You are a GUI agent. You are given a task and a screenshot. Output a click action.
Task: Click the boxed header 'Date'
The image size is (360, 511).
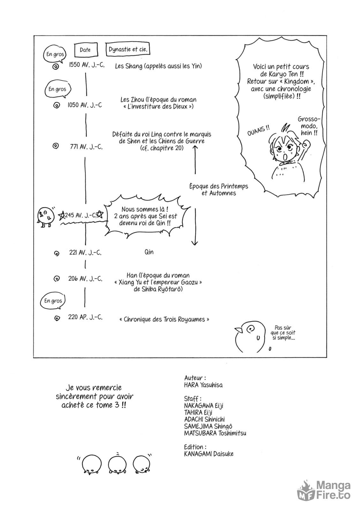pos(85,50)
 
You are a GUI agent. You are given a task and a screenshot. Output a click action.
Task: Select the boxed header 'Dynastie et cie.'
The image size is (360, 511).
pos(128,50)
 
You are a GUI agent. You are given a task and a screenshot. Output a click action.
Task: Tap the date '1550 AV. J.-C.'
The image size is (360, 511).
pos(86,65)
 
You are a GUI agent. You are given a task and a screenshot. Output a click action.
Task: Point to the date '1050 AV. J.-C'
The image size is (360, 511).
pos(85,105)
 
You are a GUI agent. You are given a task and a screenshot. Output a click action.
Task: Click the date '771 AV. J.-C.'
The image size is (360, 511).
pos(86,147)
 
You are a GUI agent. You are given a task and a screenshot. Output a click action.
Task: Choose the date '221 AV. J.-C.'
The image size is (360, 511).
pos(85,253)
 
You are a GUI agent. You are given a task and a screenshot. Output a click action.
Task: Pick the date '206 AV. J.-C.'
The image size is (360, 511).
pos(85,278)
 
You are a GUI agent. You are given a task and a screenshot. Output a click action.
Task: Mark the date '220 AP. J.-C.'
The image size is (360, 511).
pos(85,317)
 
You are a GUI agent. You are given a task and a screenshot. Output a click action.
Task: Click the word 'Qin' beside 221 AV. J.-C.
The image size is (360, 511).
pos(149,252)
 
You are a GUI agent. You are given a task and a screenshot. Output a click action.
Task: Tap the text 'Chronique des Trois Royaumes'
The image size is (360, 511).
pos(166,319)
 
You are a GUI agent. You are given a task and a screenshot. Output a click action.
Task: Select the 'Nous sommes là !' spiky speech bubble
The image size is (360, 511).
pos(146,216)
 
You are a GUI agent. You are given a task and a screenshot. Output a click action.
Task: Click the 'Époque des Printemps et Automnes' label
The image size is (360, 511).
pos(219,190)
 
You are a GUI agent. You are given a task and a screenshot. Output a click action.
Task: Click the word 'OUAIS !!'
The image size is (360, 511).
pos(258,131)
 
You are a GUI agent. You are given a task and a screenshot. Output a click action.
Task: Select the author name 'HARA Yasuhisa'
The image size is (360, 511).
pos(203,385)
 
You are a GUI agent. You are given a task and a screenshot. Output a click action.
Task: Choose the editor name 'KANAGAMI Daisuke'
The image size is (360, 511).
pos(208,454)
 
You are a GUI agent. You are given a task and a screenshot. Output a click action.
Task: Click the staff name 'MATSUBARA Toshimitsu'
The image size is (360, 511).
pos(215,433)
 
